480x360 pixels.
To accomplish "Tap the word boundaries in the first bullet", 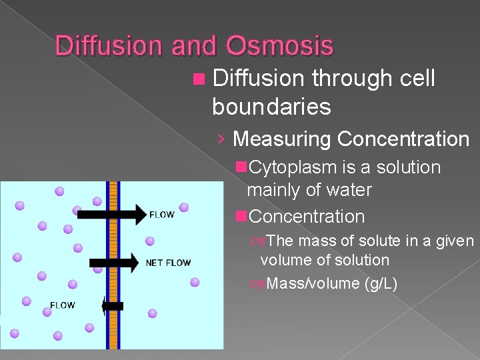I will [x=271, y=105].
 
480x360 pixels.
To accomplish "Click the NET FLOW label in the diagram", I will [x=168, y=263].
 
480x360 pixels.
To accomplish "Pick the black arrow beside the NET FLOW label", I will [x=114, y=262].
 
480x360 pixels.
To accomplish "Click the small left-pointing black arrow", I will [x=113, y=306].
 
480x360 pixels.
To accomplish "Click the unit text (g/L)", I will [x=381, y=284].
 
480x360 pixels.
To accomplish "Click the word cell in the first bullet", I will [x=417, y=79].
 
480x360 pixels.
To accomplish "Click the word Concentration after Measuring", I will [x=403, y=139].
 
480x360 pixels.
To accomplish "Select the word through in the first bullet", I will [x=352, y=79].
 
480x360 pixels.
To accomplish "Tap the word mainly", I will [x=268, y=191].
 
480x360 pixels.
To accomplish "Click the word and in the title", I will [x=195, y=46].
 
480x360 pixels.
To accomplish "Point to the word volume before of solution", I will [x=283, y=260].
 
